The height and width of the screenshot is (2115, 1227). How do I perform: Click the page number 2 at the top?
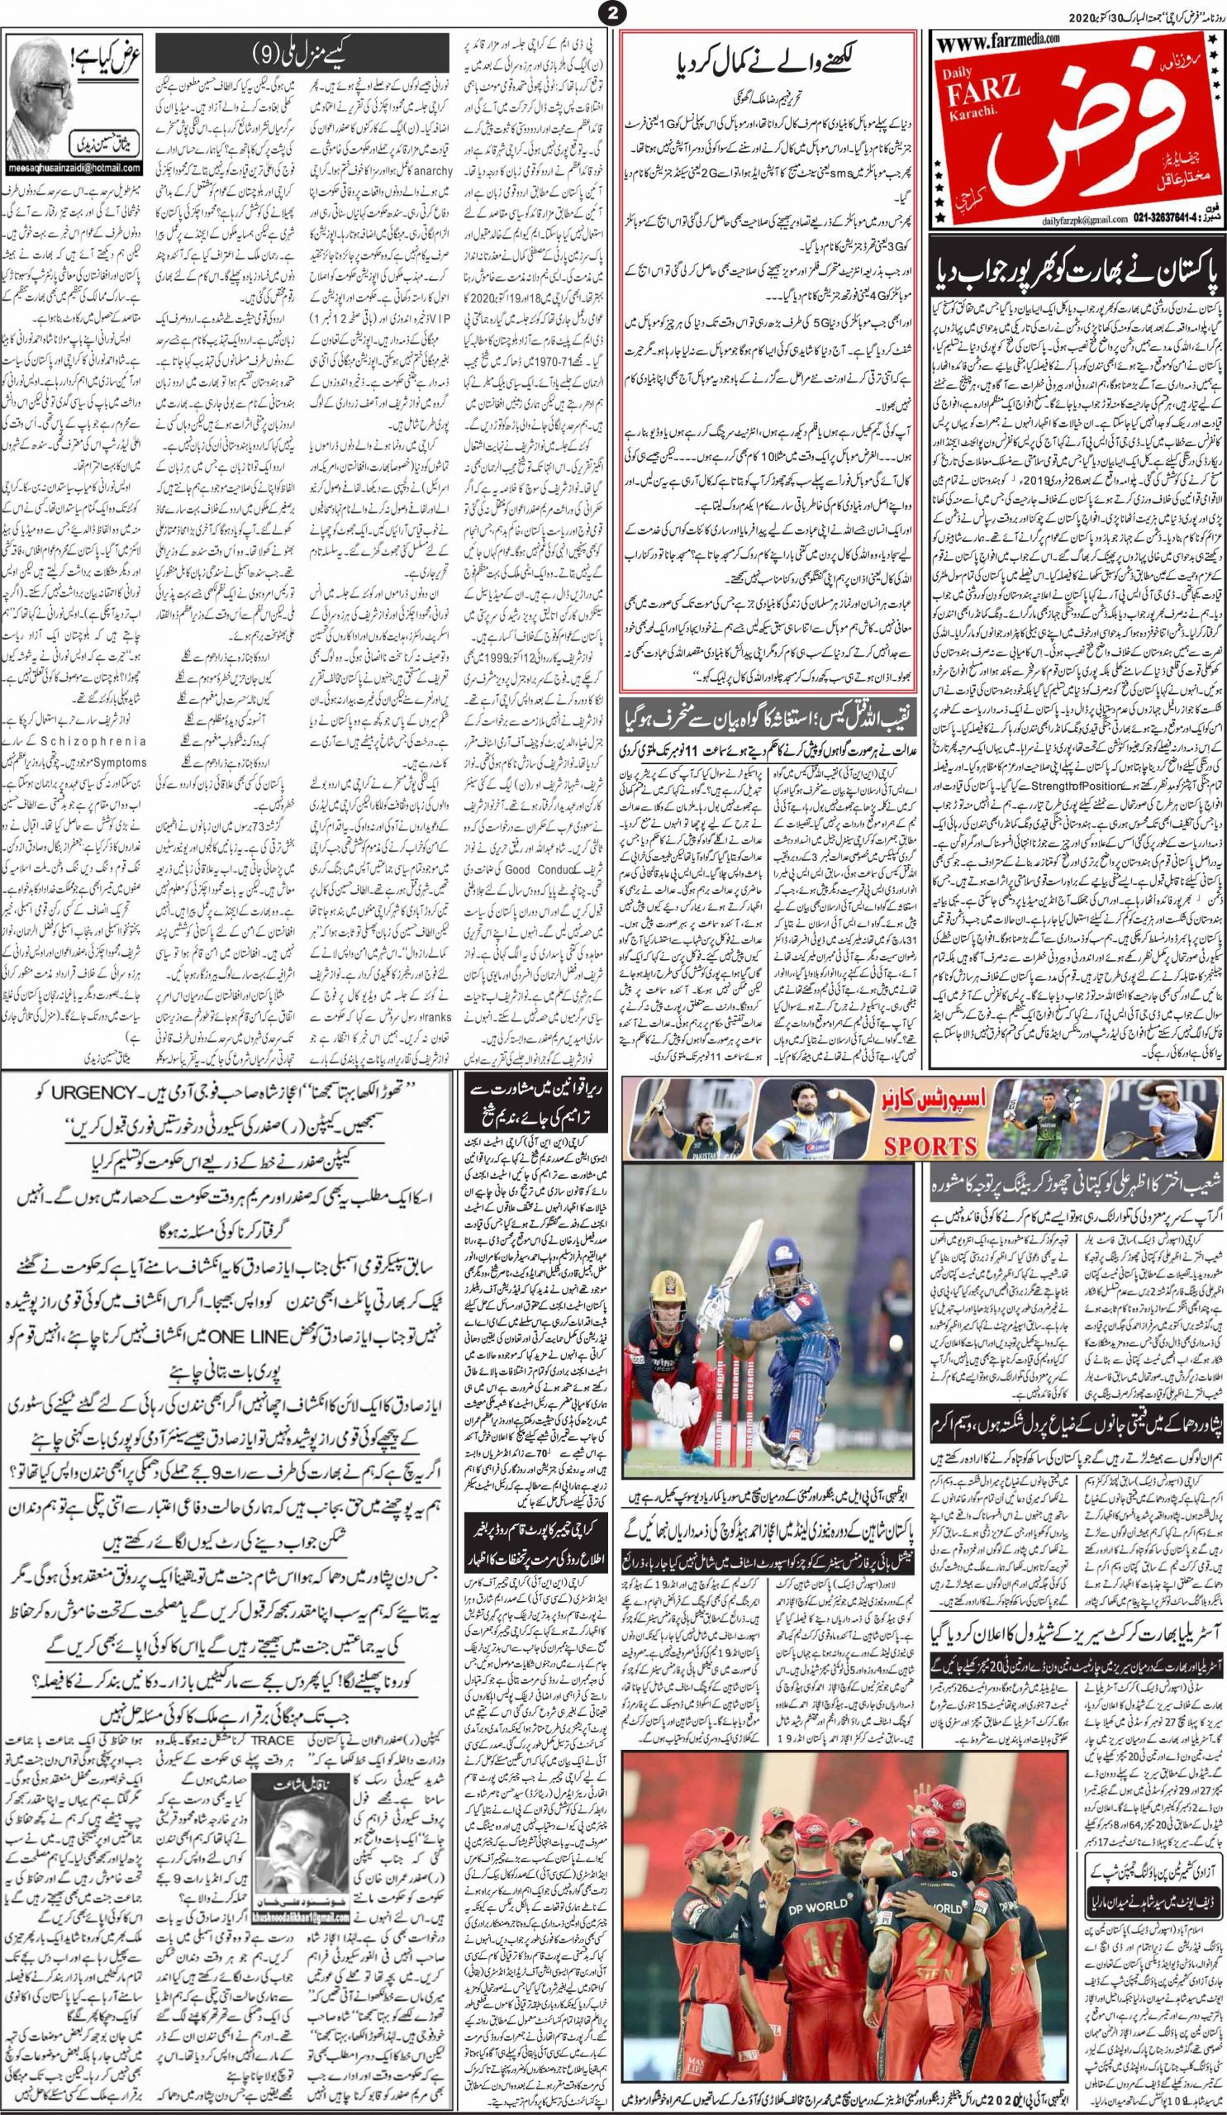612,12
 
